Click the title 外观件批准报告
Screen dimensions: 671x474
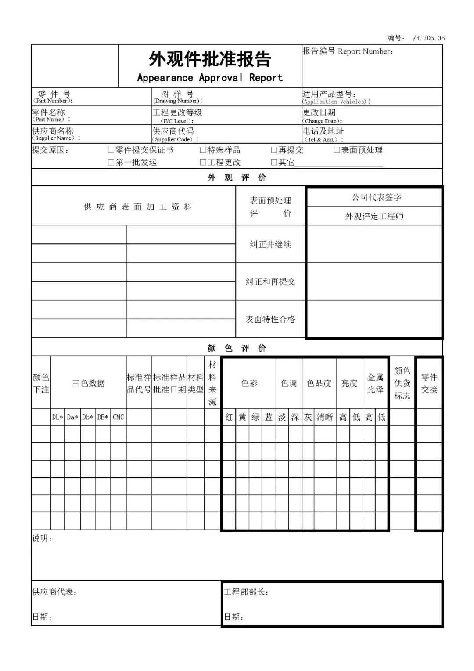[210, 59]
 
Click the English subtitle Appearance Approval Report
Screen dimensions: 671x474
[210, 78]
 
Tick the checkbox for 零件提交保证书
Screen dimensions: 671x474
[111, 150]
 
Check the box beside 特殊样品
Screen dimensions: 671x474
[203, 150]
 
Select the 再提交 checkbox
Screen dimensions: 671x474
[274, 150]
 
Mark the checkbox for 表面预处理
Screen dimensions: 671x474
[337, 150]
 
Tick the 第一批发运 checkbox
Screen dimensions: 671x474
[111, 163]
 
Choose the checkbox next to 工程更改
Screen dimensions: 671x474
[203, 163]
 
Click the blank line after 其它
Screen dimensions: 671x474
[338, 163]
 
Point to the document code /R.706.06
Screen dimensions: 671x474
[428, 38]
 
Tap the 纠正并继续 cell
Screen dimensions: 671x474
[270, 244]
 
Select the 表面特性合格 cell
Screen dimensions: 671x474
[270, 319]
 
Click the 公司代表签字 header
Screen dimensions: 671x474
[376, 197]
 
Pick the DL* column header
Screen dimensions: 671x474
[57, 417]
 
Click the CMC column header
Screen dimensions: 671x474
[118, 417]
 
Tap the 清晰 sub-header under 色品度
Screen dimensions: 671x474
[325, 417]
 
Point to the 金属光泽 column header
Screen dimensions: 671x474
[375, 383]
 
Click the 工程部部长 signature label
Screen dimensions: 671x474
[246, 592]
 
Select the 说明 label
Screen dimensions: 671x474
[42, 538]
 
